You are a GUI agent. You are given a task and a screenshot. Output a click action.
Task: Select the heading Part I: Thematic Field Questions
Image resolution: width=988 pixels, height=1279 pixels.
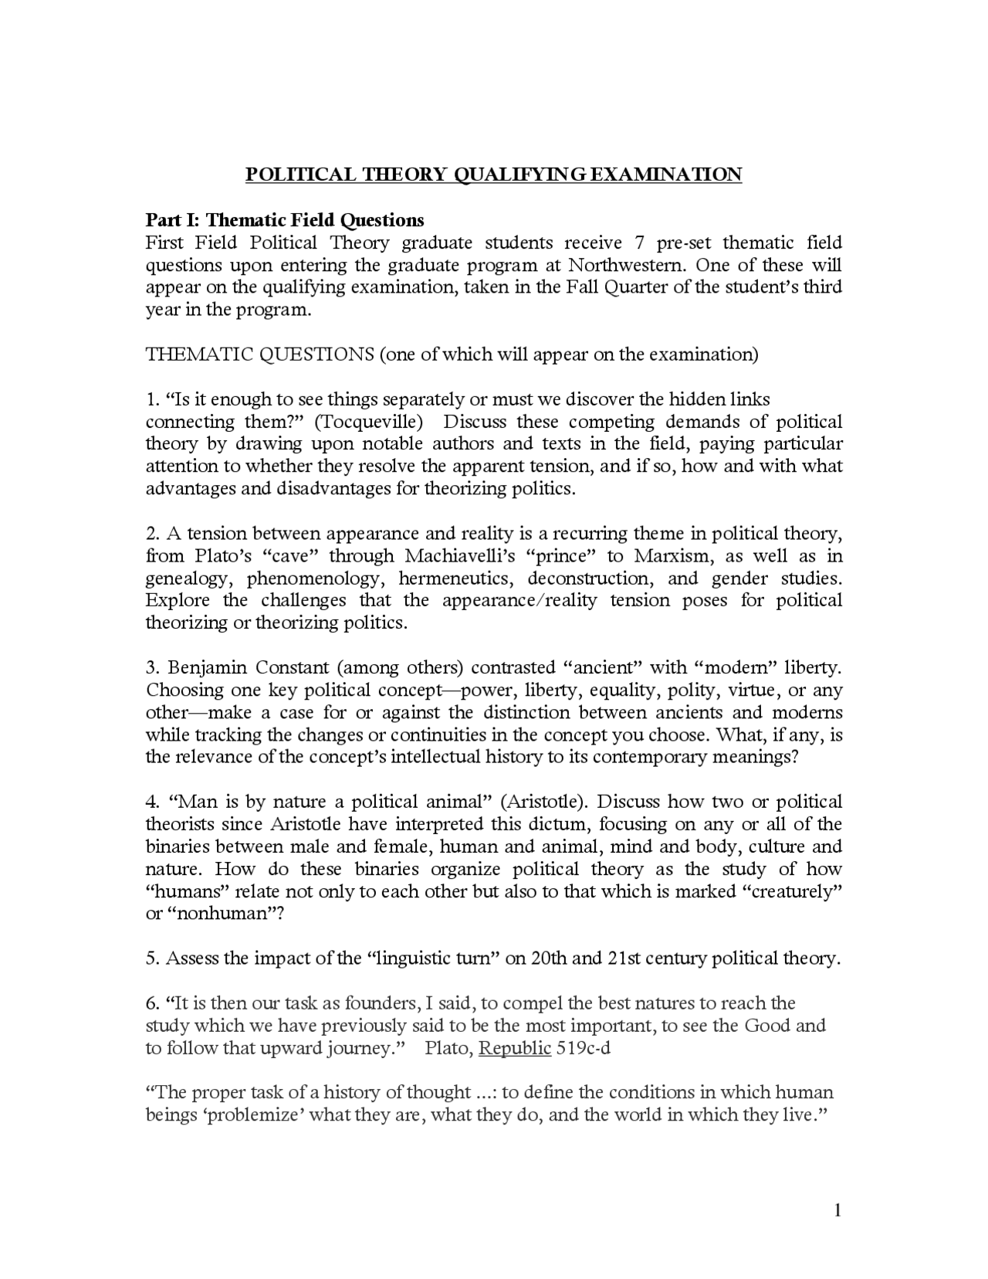tap(285, 220)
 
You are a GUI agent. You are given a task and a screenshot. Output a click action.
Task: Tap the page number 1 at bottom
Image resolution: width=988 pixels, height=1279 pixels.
tap(837, 1210)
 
